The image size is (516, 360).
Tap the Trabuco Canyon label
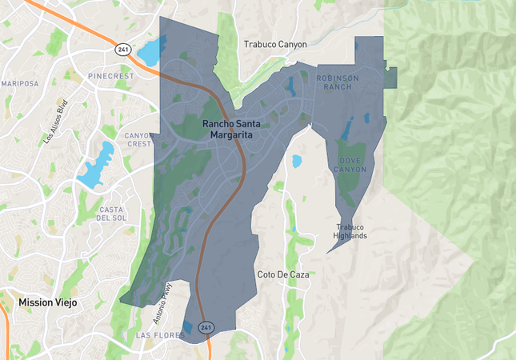[275, 45]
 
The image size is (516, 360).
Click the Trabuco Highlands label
[350, 230]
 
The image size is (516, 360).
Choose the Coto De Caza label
[282, 274]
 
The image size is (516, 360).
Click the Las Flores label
[155, 334]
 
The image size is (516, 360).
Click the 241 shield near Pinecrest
[122, 49]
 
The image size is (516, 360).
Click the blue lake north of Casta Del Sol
[97, 165]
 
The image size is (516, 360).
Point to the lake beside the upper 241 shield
[150, 53]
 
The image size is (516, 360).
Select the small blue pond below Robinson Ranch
[297, 160]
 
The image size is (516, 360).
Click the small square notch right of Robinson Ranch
[390, 78]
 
